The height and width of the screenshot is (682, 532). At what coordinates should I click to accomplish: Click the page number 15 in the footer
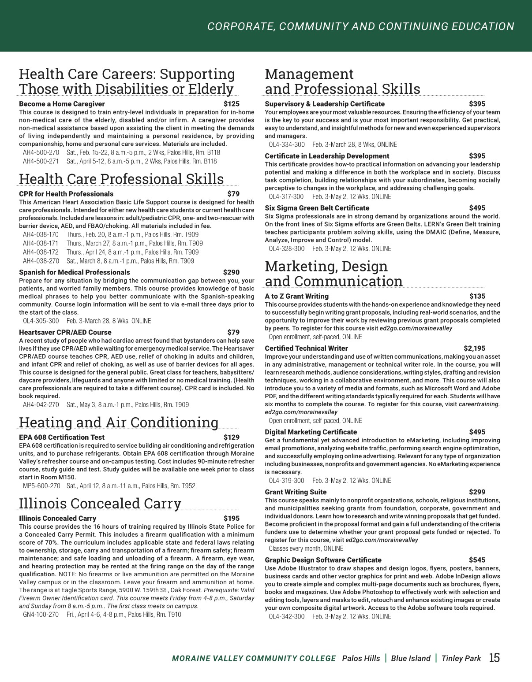tap(495, 658)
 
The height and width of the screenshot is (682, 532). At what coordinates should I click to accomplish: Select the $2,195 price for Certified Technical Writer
tap(474, 348)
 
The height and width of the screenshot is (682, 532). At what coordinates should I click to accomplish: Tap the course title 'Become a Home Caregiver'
tap(62, 104)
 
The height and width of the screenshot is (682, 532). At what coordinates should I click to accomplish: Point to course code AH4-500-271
tap(41, 161)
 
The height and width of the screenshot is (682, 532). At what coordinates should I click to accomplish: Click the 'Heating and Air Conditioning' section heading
tap(119, 422)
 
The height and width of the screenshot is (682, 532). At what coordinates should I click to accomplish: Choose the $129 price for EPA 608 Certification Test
tap(232, 437)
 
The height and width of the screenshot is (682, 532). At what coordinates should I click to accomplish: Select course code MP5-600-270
tap(41, 486)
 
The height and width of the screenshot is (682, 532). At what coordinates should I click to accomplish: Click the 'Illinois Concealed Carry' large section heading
tap(100, 503)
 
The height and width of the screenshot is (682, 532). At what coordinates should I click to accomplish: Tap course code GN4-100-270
tap(41, 614)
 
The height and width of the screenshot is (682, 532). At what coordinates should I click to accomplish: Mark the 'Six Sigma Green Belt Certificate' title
tap(317, 208)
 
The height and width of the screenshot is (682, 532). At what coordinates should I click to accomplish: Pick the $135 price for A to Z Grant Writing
tap(477, 296)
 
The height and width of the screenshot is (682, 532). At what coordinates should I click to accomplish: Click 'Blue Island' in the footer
tap(410, 659)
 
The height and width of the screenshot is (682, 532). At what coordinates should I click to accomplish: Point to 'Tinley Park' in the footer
tap(461, 659)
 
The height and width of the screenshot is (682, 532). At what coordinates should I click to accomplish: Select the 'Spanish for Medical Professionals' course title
tap(75, 272)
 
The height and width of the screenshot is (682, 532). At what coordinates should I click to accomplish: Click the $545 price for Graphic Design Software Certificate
tap(477, 560)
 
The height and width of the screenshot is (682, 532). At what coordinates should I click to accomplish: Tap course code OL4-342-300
tap(286, 616)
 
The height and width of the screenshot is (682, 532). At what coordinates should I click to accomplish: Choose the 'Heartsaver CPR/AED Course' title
tap(65, 332)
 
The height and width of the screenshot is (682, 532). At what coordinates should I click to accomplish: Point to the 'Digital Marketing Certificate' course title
tap(311, 432)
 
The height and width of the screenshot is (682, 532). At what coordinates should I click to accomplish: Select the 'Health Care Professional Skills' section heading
tap(121, 179)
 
